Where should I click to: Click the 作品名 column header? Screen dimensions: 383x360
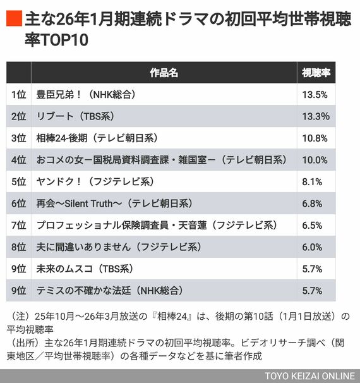point(164,73)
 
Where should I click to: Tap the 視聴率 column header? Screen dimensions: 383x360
point(315,73)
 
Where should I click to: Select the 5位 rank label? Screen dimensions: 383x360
point(18,182)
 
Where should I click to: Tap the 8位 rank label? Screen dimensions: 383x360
point(18,247)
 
